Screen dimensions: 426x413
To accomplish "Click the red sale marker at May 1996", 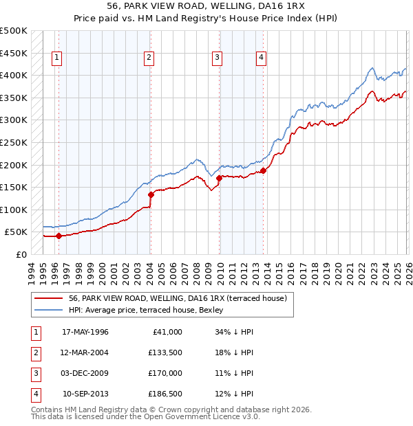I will point(59,236).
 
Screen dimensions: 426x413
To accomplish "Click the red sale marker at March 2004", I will point(150,194).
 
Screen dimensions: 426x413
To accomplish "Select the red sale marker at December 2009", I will point(219,178).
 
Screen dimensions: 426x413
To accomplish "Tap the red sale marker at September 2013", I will point(263,170).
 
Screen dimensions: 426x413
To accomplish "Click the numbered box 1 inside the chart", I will point(56,58).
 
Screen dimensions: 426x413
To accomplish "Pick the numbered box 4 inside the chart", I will point(262,58).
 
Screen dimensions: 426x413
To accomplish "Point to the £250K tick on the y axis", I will point(14,142).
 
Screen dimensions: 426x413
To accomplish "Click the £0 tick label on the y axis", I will point(21,254).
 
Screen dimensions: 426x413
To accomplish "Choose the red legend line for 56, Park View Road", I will point(48,298).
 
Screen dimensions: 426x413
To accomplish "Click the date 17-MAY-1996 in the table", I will point(85,331).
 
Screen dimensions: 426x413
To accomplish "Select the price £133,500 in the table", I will point(165,352).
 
